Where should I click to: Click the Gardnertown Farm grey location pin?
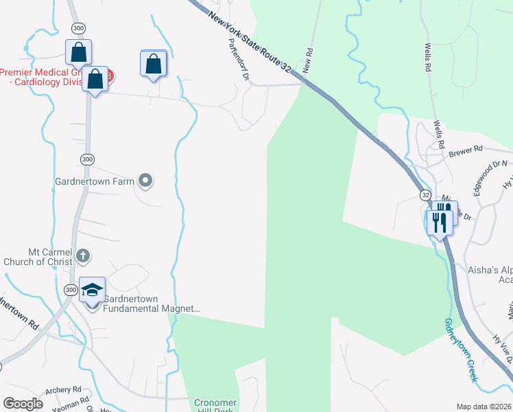click(145, 181)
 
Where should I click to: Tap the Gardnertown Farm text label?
click(95, 183)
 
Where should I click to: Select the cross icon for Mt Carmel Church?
click(82, 256)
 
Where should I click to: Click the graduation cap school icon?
click(93, 290)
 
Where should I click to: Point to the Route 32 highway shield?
click(425, 196)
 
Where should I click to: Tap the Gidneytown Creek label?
click(460, 351)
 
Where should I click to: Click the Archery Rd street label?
click(63, 389)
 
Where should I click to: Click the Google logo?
click(23, 403)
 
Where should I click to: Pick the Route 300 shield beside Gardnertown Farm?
click(86, 159)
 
